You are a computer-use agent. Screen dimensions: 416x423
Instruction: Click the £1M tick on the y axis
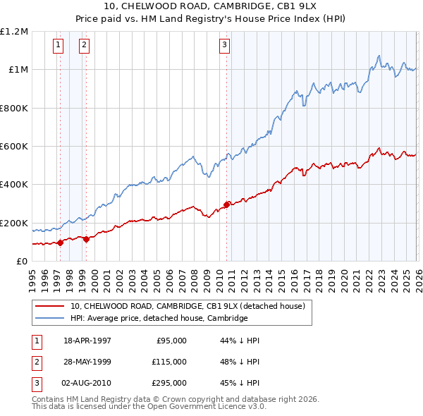(x=16, y=70)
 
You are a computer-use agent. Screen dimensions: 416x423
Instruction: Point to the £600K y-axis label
(x=14, y=147)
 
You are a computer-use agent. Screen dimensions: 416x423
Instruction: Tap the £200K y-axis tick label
(x=14, y=224)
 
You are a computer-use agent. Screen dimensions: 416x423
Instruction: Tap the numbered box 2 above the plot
(x=84, y=46)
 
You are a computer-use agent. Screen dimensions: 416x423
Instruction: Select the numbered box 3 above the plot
(x=224, y=46)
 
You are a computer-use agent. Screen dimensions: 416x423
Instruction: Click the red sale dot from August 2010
(x=226, y=205)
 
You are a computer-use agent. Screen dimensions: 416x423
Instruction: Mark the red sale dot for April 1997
(x=60, y=243)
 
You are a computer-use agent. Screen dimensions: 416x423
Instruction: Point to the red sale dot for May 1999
(x=86, y=239)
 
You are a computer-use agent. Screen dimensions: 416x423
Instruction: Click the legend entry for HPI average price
(x=159, y=318)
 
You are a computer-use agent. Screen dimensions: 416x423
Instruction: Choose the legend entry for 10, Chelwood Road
(x=187, y=306)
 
